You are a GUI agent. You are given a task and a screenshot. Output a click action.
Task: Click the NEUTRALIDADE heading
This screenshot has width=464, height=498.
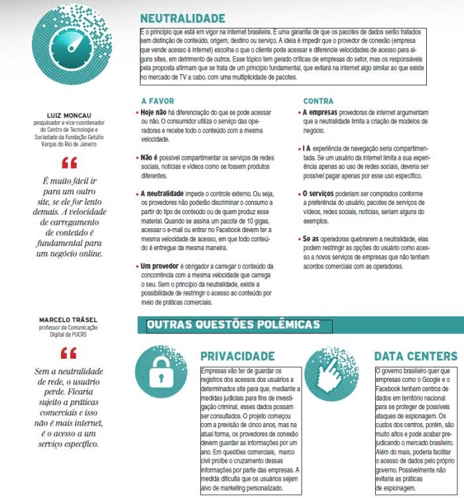tap(182, 18)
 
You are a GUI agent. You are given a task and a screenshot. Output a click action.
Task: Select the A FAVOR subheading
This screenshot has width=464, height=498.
tap(157, 101)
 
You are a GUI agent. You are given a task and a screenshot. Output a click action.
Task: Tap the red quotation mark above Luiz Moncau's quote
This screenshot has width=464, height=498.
tap(69, 161)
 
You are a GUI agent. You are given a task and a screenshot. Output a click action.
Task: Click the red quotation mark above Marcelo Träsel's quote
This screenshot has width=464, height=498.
tap(69, 352)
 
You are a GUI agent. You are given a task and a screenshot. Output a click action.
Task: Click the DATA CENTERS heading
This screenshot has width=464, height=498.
tap(416, 357)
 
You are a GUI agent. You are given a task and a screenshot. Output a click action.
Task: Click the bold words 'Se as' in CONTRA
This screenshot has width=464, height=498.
tap(312, 238)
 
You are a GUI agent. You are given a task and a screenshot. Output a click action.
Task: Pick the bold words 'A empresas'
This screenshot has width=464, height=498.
tap(321, 113)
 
